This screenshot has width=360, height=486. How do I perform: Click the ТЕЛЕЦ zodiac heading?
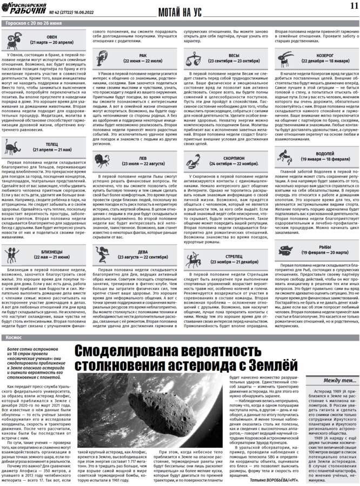(x=52, y=145)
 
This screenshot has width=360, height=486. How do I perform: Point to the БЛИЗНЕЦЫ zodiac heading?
(x=52, y=255)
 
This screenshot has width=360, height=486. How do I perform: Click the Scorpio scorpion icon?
(x=193, y=161)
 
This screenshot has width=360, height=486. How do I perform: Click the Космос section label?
(x=14, y=321)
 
